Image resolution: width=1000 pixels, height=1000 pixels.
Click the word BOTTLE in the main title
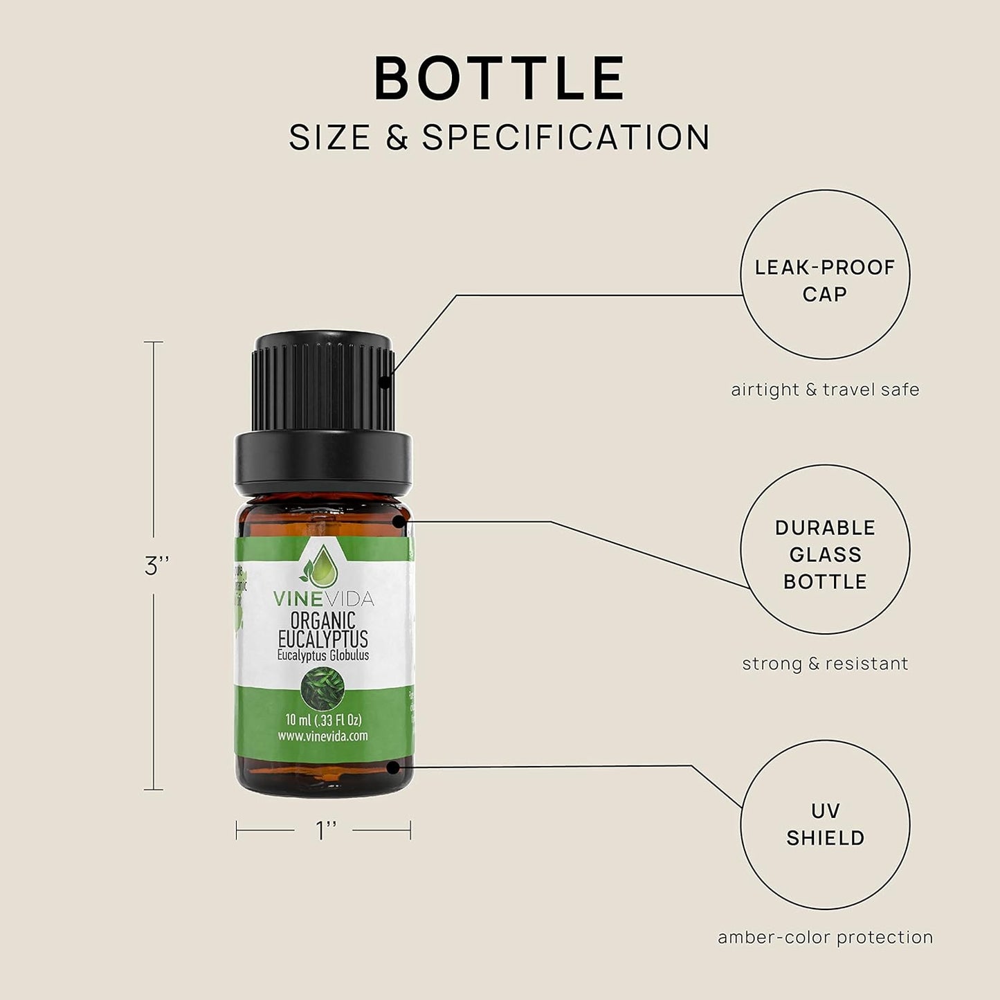point(499,79)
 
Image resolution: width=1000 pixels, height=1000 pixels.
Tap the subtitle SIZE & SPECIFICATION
point(499,137)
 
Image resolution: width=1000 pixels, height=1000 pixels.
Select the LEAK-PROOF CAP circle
point(825,275)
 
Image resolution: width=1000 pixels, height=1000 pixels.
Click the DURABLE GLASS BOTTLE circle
point(825,549)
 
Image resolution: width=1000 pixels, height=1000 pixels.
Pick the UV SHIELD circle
point(825,824)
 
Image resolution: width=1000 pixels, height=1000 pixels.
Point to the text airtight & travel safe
point(825,390)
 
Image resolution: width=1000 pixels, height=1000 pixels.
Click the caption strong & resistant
point(825,664)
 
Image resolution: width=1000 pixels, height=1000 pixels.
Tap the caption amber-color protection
point(825,938)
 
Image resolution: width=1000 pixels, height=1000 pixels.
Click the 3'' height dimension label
point(156,566)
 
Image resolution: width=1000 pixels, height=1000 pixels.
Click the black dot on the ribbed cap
point(385,380)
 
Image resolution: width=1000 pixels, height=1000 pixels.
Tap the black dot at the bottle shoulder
point(399,521)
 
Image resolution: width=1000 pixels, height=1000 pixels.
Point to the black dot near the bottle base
point(394,767)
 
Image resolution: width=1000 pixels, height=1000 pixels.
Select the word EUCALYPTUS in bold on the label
point(322,639)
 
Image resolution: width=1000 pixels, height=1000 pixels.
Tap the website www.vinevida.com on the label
point(322,736)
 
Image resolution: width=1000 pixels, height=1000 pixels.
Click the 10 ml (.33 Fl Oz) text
point(322,720)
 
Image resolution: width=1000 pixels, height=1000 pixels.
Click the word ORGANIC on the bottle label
point(322,621)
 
